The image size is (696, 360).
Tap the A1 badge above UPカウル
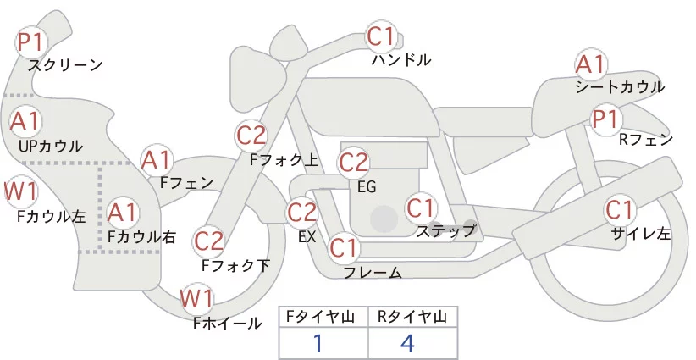[x=25, y=120]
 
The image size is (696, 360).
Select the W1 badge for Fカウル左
[x=20, y=191]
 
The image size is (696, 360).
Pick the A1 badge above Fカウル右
[x=123, y=211]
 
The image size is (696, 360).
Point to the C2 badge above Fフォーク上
[x=251, y=134]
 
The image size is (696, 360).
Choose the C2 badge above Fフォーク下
[x=208, y=241]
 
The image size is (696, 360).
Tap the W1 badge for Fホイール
[x=197, y=298]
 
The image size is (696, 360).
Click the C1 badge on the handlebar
[x=381, y=36]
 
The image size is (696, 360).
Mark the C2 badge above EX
[x=302, y=211]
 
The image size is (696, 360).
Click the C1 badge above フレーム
[x=344, y=248]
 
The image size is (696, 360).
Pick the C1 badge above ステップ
[x=420, y=207]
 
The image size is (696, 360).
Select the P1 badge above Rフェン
[x=605, y=119]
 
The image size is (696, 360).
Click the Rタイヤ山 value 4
[x=409, y=344]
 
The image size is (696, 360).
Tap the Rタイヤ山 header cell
[x=412, y=317]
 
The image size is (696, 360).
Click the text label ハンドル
[x=401, y=59]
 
